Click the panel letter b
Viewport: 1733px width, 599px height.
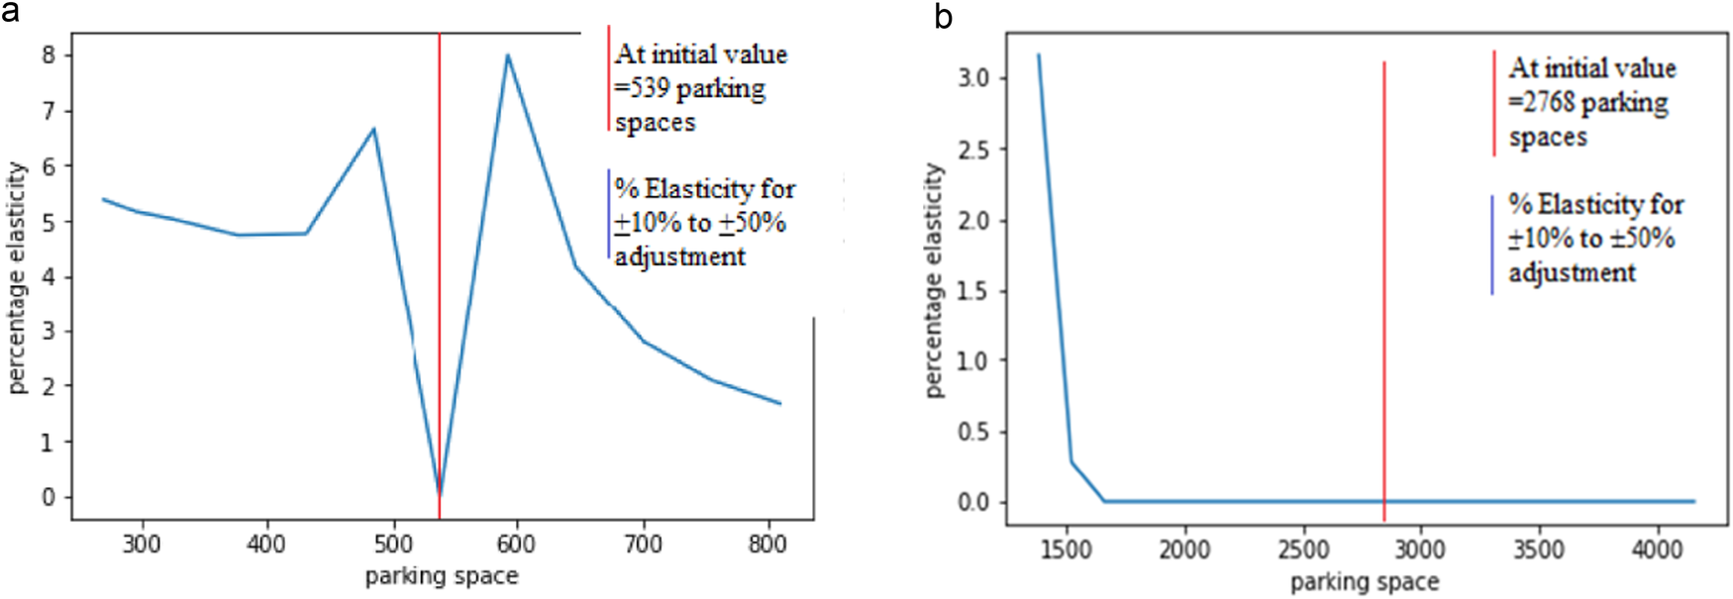point(944,17)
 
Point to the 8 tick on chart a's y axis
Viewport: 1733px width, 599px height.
point(49,55)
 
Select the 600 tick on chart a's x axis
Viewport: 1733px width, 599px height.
point(516,544)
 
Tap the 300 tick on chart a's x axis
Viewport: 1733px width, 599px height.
point(142,544)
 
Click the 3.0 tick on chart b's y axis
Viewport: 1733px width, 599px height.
point(974,78)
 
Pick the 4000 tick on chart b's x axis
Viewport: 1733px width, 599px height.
point(1656,549)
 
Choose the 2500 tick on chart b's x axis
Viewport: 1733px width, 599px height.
point(1302,549)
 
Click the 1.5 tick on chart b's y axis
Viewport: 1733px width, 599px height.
point(974,291)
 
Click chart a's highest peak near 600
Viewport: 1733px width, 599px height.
point(508,55)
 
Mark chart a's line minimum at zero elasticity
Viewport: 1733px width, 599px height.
point(440,493)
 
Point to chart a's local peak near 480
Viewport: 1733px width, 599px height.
point(373,129)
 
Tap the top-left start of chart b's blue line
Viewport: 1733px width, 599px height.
point(1038,55)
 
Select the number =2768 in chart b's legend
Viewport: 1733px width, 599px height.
point(1541,102)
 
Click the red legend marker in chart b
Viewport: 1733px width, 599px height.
point(1494,103)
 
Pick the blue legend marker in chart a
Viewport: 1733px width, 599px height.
point(609,214)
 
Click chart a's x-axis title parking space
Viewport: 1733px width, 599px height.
point(442,576)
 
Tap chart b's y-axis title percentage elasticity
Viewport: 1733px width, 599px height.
point(934,280)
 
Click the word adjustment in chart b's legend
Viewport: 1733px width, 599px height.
point(1572,272)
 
